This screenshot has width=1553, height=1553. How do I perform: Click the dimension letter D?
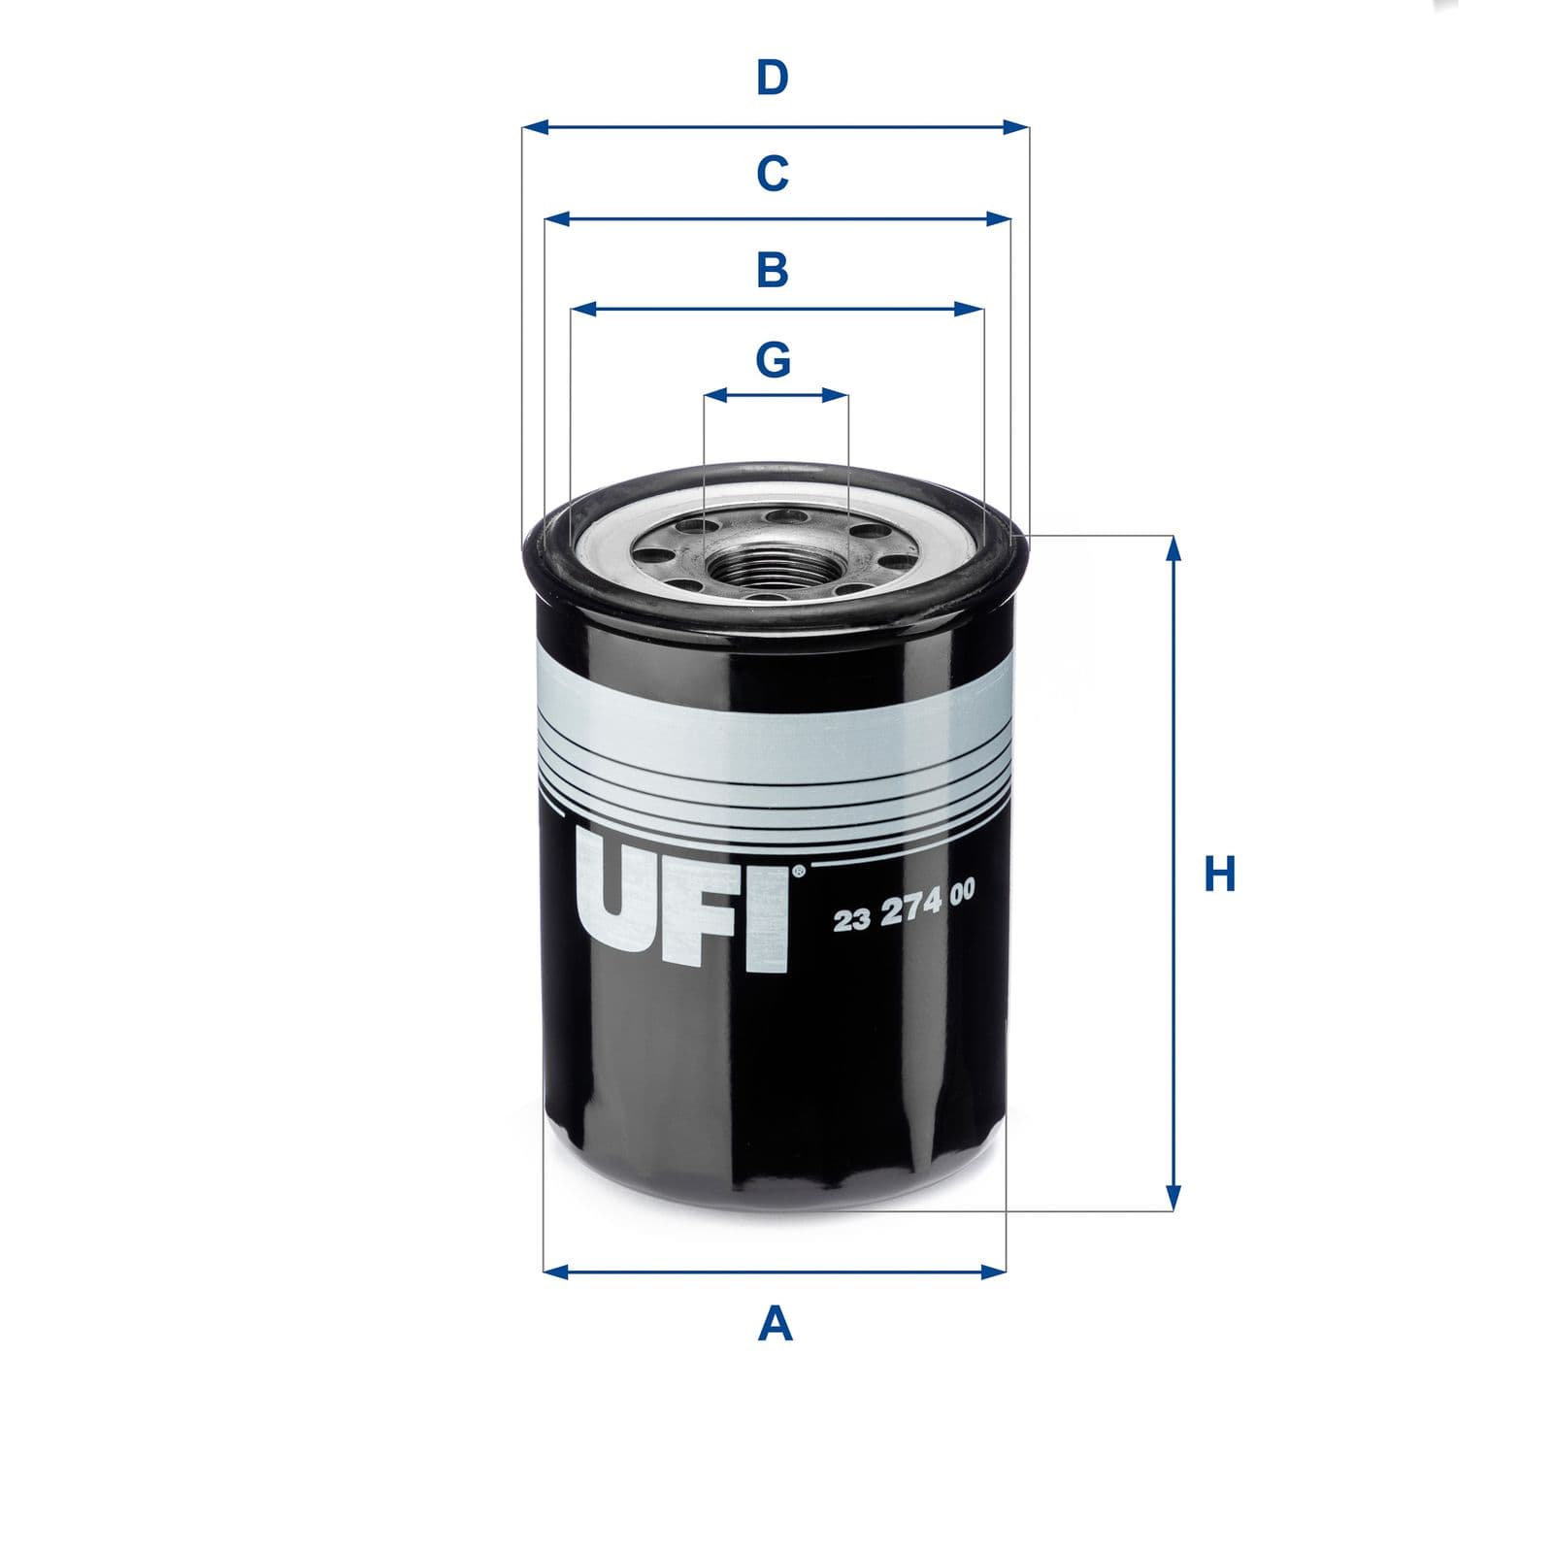pos(773,78)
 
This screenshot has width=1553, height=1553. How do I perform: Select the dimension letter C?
pos(773,174)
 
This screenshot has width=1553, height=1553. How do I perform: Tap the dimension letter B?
pos(773,270)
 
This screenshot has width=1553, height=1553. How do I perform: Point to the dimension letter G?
pos(774,360)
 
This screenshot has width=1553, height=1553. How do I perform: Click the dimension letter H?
pos(1219,874)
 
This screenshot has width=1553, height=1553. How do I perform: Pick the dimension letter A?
pos(775,1323)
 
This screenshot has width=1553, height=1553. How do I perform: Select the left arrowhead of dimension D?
pos(535,127)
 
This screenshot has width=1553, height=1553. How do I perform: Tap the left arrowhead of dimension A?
pos(556,1271)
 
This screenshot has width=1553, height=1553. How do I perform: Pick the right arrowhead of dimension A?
pos(994,1271)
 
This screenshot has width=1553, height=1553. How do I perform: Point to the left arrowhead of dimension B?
pos(583,310)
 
